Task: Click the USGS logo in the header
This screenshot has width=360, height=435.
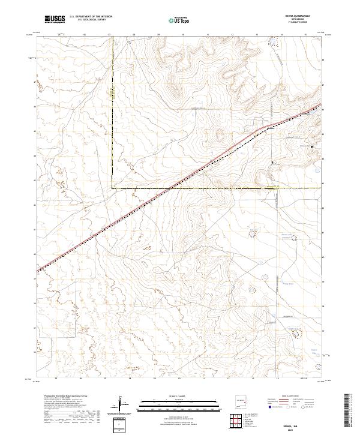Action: (x=55, y=19)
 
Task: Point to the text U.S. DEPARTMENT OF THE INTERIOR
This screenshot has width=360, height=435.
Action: (x=91, y=16)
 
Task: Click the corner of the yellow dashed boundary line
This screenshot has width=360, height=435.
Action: (x=113, y=188)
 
